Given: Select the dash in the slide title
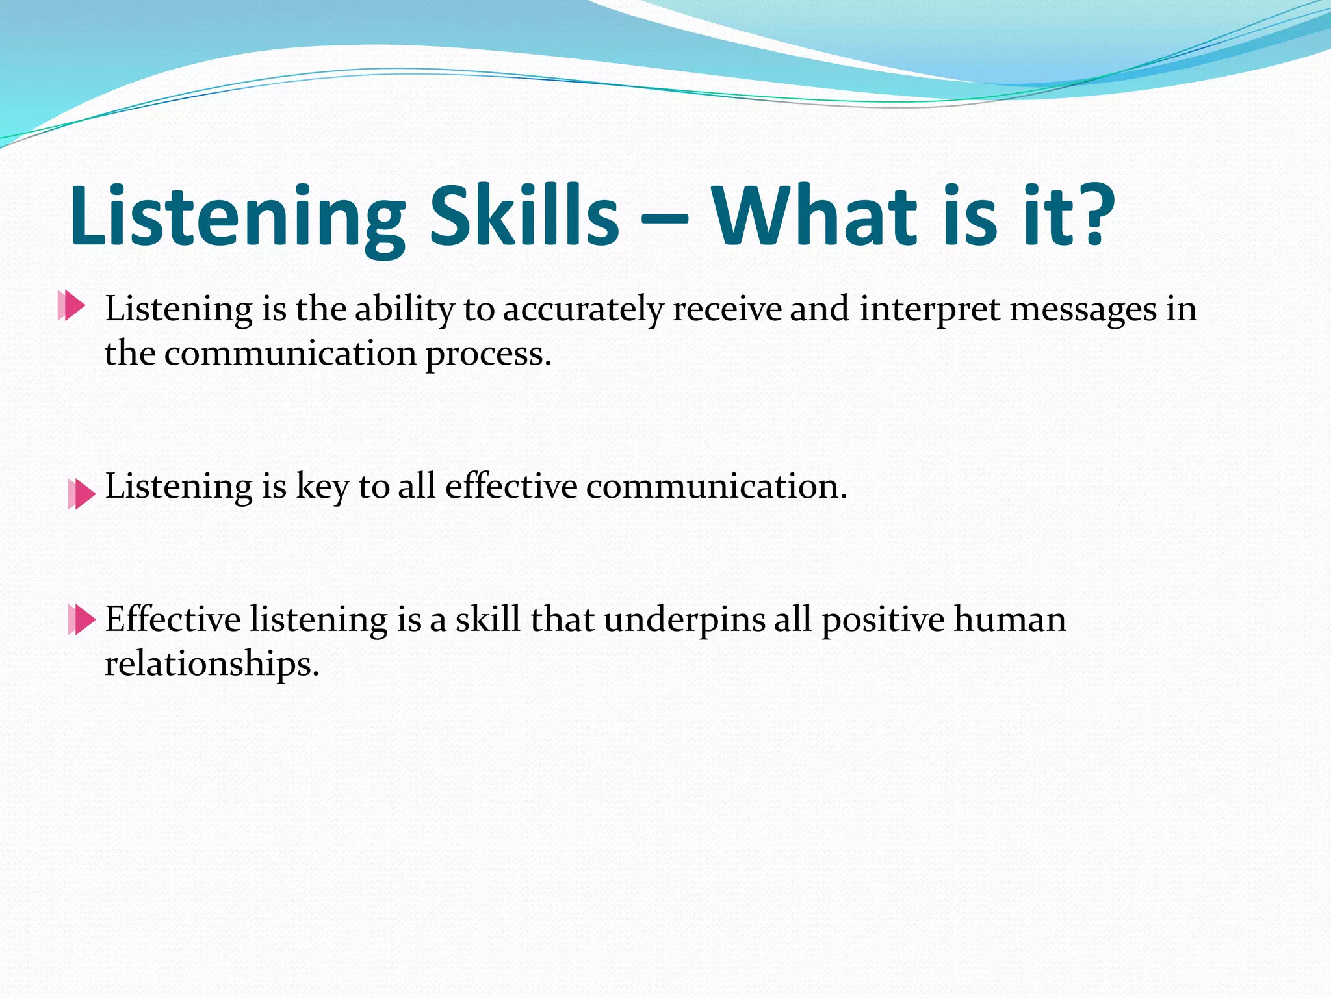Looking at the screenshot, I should [x=664, y=221].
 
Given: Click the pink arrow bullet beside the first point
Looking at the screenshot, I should [x=71, y=305].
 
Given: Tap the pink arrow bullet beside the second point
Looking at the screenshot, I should [x=82, y=494].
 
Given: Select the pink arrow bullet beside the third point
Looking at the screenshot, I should [x=82, y=619].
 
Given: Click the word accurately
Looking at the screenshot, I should [x=582, y=309].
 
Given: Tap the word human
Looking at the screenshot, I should [x=1009, y=619].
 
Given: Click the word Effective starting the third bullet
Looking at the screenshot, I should [x=173, y=619].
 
